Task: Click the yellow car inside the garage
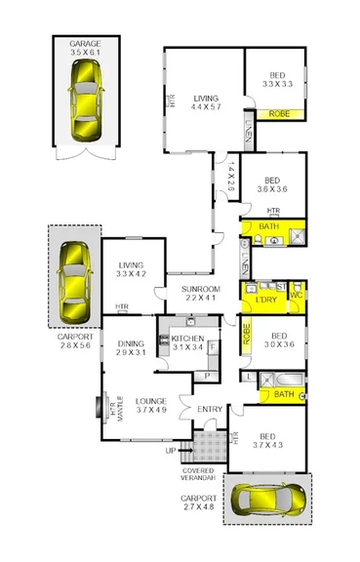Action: click(86, 100)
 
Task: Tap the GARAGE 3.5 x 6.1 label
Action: click(86, 50)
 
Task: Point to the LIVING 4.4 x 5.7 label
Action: click(206, 102)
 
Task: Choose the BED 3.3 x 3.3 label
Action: click(274, 80)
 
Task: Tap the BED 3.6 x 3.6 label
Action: click(272, 185)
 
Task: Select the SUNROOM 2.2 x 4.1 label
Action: click(199, 294)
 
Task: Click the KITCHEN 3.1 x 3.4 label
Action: click(187, 341)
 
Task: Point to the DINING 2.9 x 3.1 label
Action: click(131, 348)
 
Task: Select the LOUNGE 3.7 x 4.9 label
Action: click(151, 406)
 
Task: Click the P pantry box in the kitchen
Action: click(208, 376)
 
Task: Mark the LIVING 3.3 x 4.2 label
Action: click(131, 269)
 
